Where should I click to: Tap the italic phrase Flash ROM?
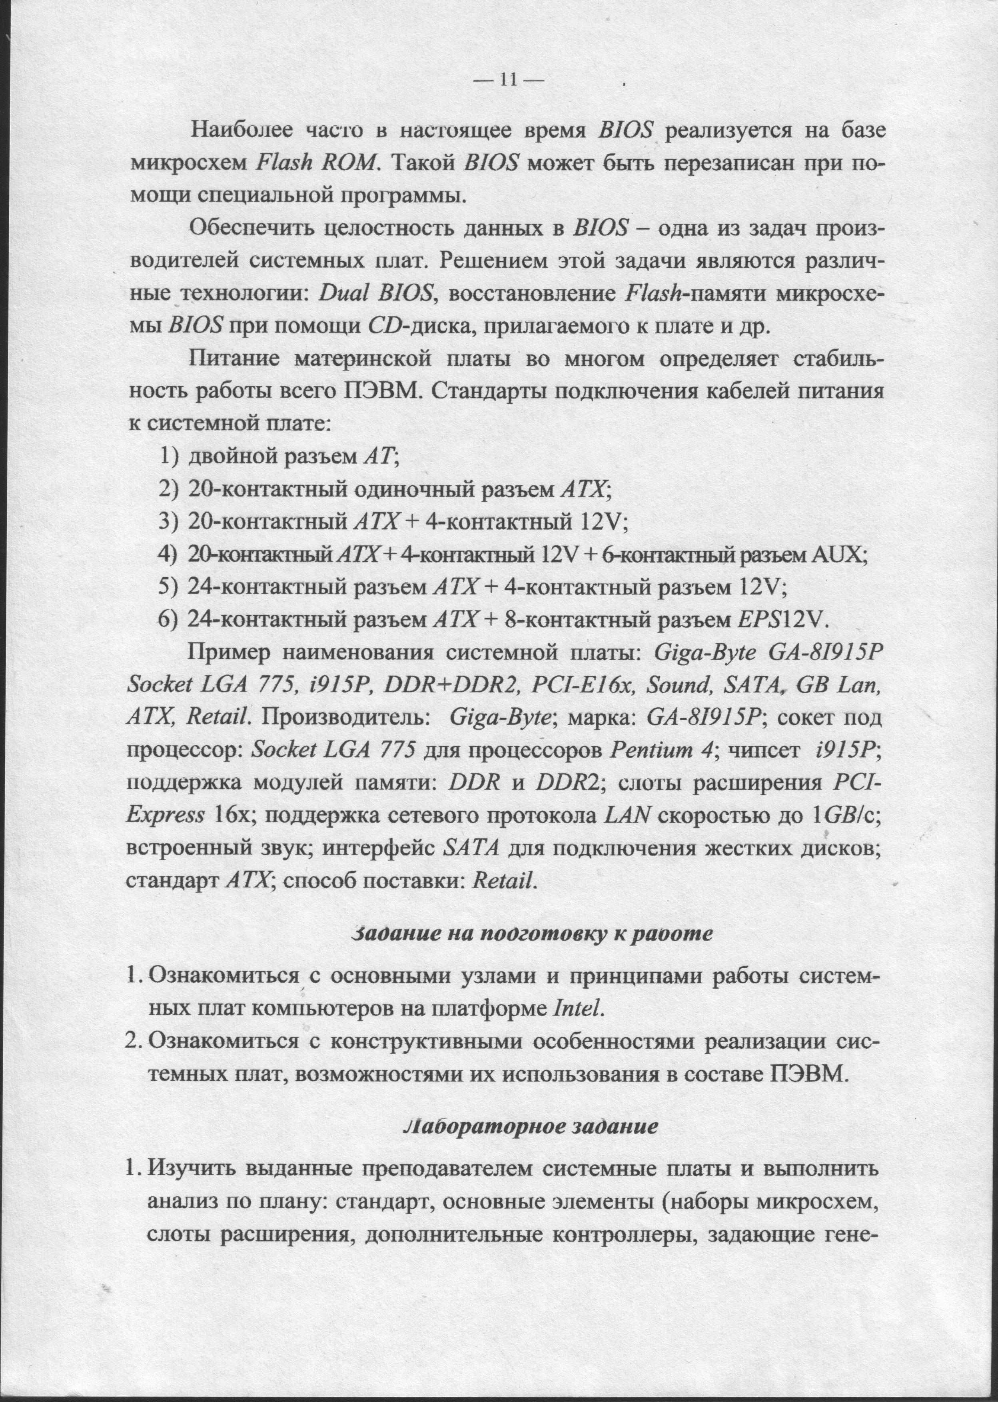(x=315, y=163)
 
